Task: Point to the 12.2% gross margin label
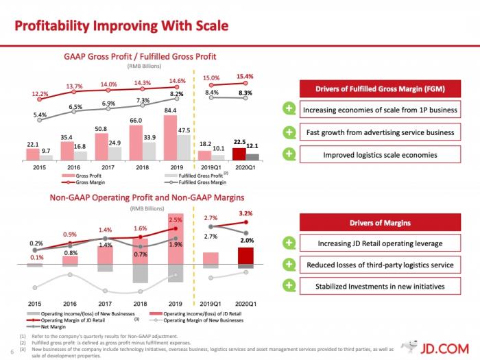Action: [40, 93]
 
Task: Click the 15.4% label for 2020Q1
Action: [245, 77]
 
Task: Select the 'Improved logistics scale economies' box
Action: [380, 154]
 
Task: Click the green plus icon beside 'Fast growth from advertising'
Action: [290, 132]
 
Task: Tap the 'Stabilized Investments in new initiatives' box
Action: [380, 287]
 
